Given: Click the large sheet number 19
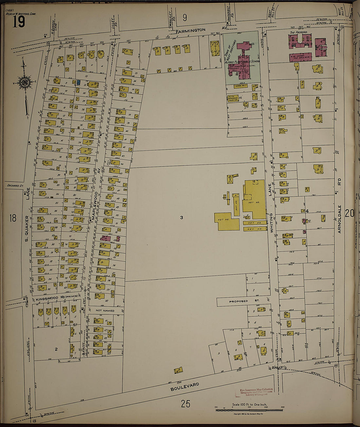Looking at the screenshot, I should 19,22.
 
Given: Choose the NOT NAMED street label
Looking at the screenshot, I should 105,311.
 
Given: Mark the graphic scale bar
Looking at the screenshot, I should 249,410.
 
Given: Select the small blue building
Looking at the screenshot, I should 79,83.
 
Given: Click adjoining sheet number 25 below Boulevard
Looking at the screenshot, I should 185,404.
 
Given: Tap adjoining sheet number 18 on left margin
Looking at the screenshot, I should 12,218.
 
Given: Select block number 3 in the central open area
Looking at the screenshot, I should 181,217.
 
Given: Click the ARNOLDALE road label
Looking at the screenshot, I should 339,219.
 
